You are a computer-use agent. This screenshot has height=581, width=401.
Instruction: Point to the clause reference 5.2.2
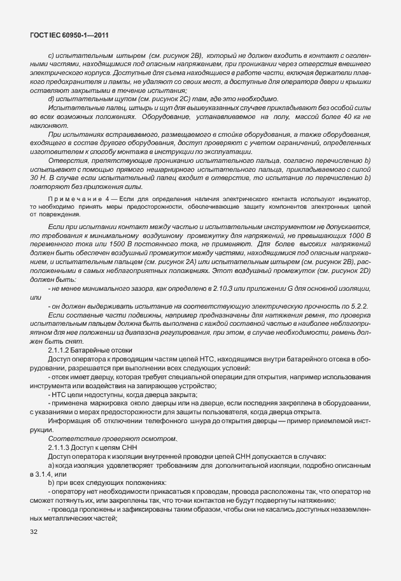[x=359, y=306]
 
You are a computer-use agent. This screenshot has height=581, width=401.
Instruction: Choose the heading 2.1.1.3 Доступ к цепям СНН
[x=89, y=450]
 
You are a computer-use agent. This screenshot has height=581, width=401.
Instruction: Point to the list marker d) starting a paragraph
[x=51, y=99]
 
